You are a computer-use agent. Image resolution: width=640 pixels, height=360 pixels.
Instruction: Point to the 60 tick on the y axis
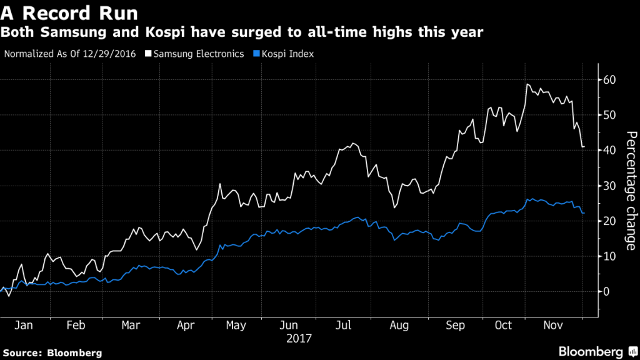pos(611,80)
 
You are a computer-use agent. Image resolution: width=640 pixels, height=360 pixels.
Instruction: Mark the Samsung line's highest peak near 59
pos(527,84)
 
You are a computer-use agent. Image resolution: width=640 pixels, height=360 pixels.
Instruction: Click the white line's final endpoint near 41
pos(584,147)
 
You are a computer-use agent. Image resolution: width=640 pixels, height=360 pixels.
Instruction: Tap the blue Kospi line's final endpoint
pos(584,213)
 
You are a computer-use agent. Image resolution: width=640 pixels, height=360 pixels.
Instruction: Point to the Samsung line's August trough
pos(394,207)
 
